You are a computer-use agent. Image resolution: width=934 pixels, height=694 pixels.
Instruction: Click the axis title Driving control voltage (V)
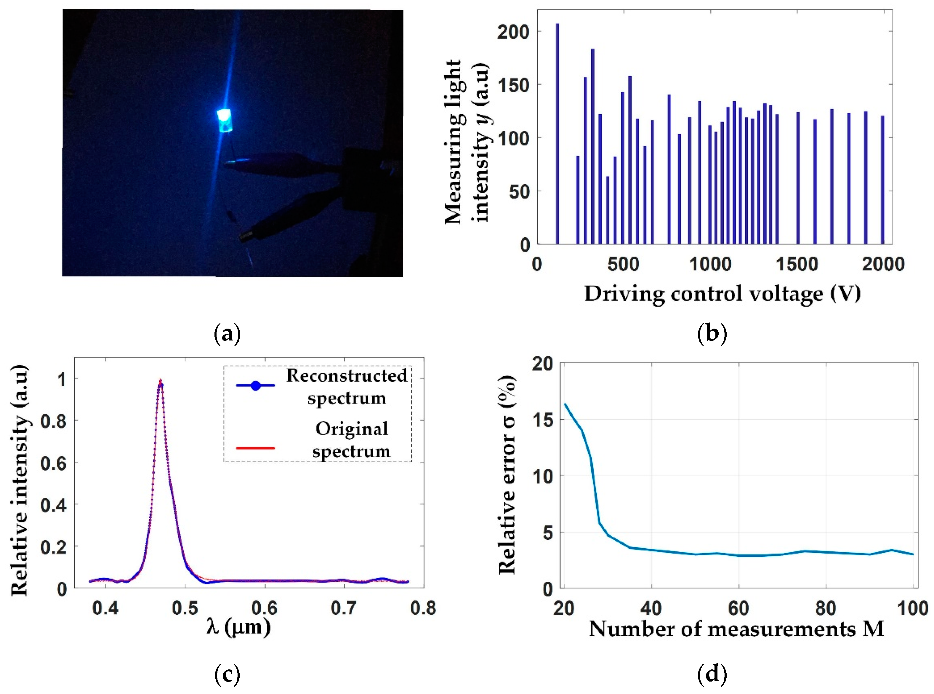722,294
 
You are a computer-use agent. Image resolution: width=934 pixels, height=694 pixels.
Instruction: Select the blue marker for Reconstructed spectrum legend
255,385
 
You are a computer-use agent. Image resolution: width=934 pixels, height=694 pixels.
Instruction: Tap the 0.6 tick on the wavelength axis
264,608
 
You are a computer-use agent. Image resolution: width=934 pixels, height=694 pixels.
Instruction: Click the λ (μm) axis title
238,628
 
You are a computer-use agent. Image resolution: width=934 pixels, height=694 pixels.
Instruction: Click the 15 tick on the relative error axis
542,420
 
